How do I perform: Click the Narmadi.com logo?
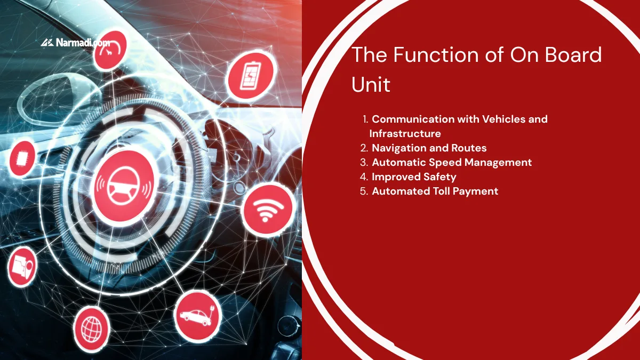pyautogui.click(x=75, y=43)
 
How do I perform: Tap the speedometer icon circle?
pyautogui.click(x=110, y=49)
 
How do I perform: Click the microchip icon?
pyautogui.click(x=22, y=158)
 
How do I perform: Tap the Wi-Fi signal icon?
pyautogui.click(x=268, y=210)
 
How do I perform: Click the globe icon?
pyautogui.click(x=92, y=326)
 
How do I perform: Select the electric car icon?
pyautogui.click(x=197, y=316)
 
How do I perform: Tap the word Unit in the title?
pyautogui.click(x=371, y=85)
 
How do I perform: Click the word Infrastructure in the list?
pyautogui.click(x=405, y=133)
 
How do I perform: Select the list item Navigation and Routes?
pyautogui.click(x=429, y=148)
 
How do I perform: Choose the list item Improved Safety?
pyautogui.click(x=414, y=177)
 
